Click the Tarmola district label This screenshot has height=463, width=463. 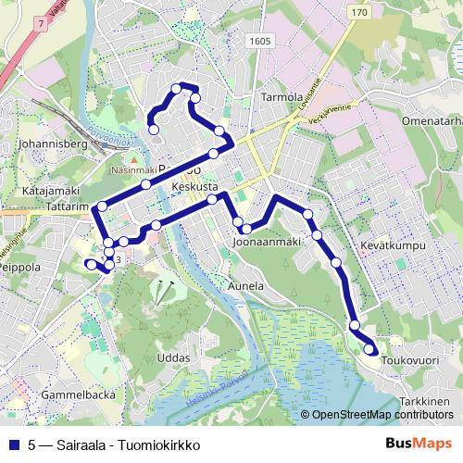click(x=282, y=95)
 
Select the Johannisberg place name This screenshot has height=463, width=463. click(x=51, y=144)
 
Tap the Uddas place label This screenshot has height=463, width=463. click(x=173, y=357)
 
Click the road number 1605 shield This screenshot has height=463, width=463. click(x=261, y=42)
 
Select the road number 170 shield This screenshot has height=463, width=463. click(x=360, y=12)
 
